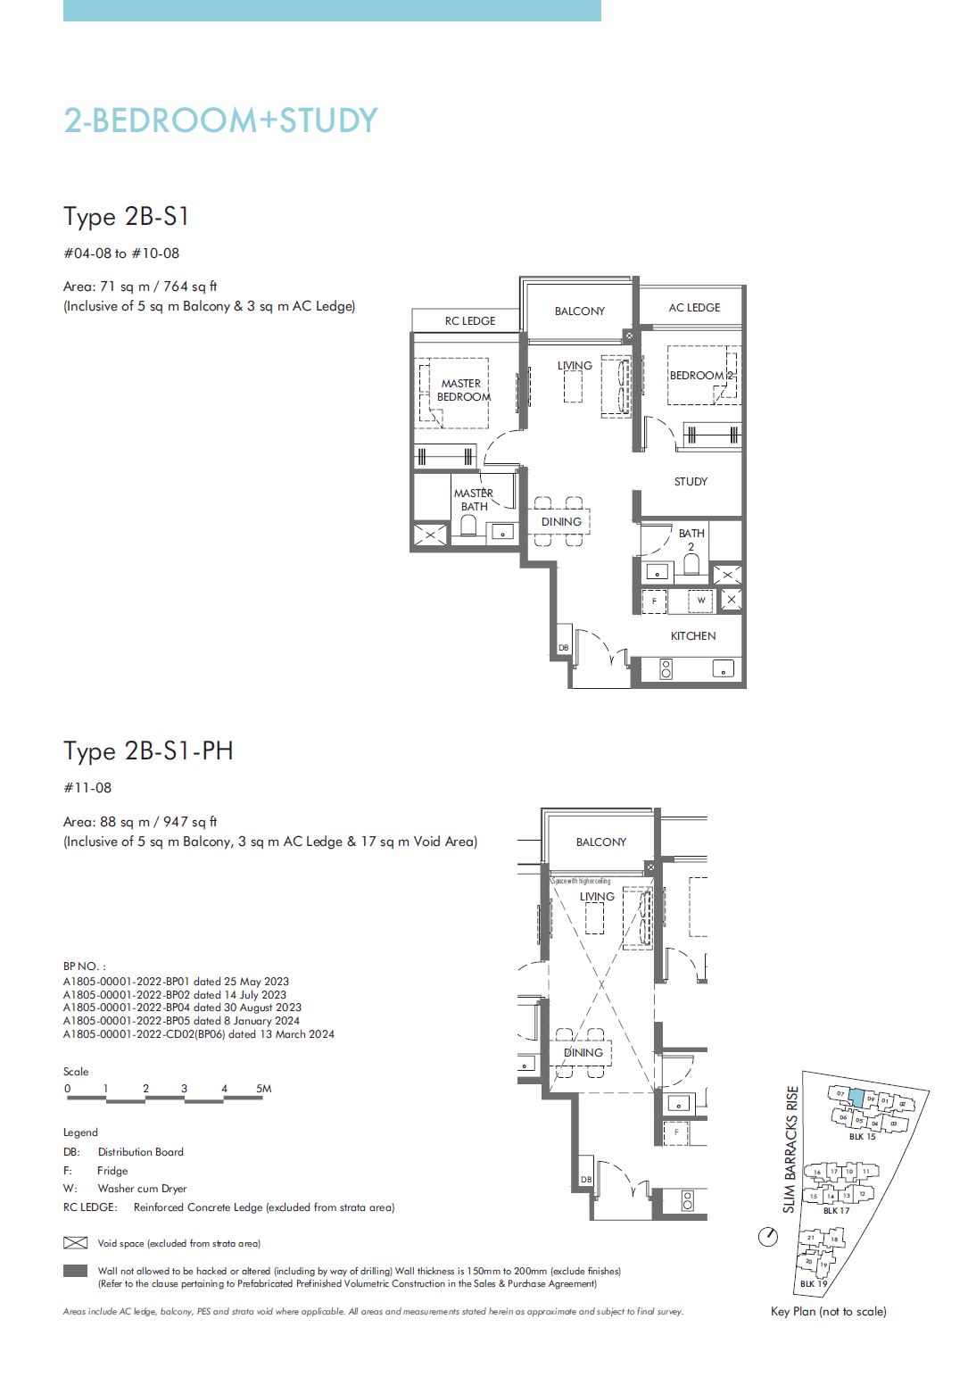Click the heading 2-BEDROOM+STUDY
(220, 120)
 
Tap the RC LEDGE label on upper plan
(469, 321)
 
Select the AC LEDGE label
(694, 308)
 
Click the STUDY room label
(691, 482)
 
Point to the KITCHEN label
(692, 636)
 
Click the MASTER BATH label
(474, 500)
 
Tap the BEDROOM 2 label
(701, 376)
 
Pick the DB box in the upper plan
(563, 648)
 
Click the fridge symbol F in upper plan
(654, 601)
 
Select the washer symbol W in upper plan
(701, 601)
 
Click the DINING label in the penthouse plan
(583, 1053)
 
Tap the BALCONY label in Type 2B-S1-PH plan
(600, 842)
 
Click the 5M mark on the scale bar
(263, 1089)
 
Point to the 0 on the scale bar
(67, 1089)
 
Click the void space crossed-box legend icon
(75, 1243)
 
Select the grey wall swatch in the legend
(75, 1271)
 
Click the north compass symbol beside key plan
(768, 1237)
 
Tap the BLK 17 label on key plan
(836, 1211)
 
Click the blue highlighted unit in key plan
(856, 1099)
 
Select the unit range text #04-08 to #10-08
(121, 253)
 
